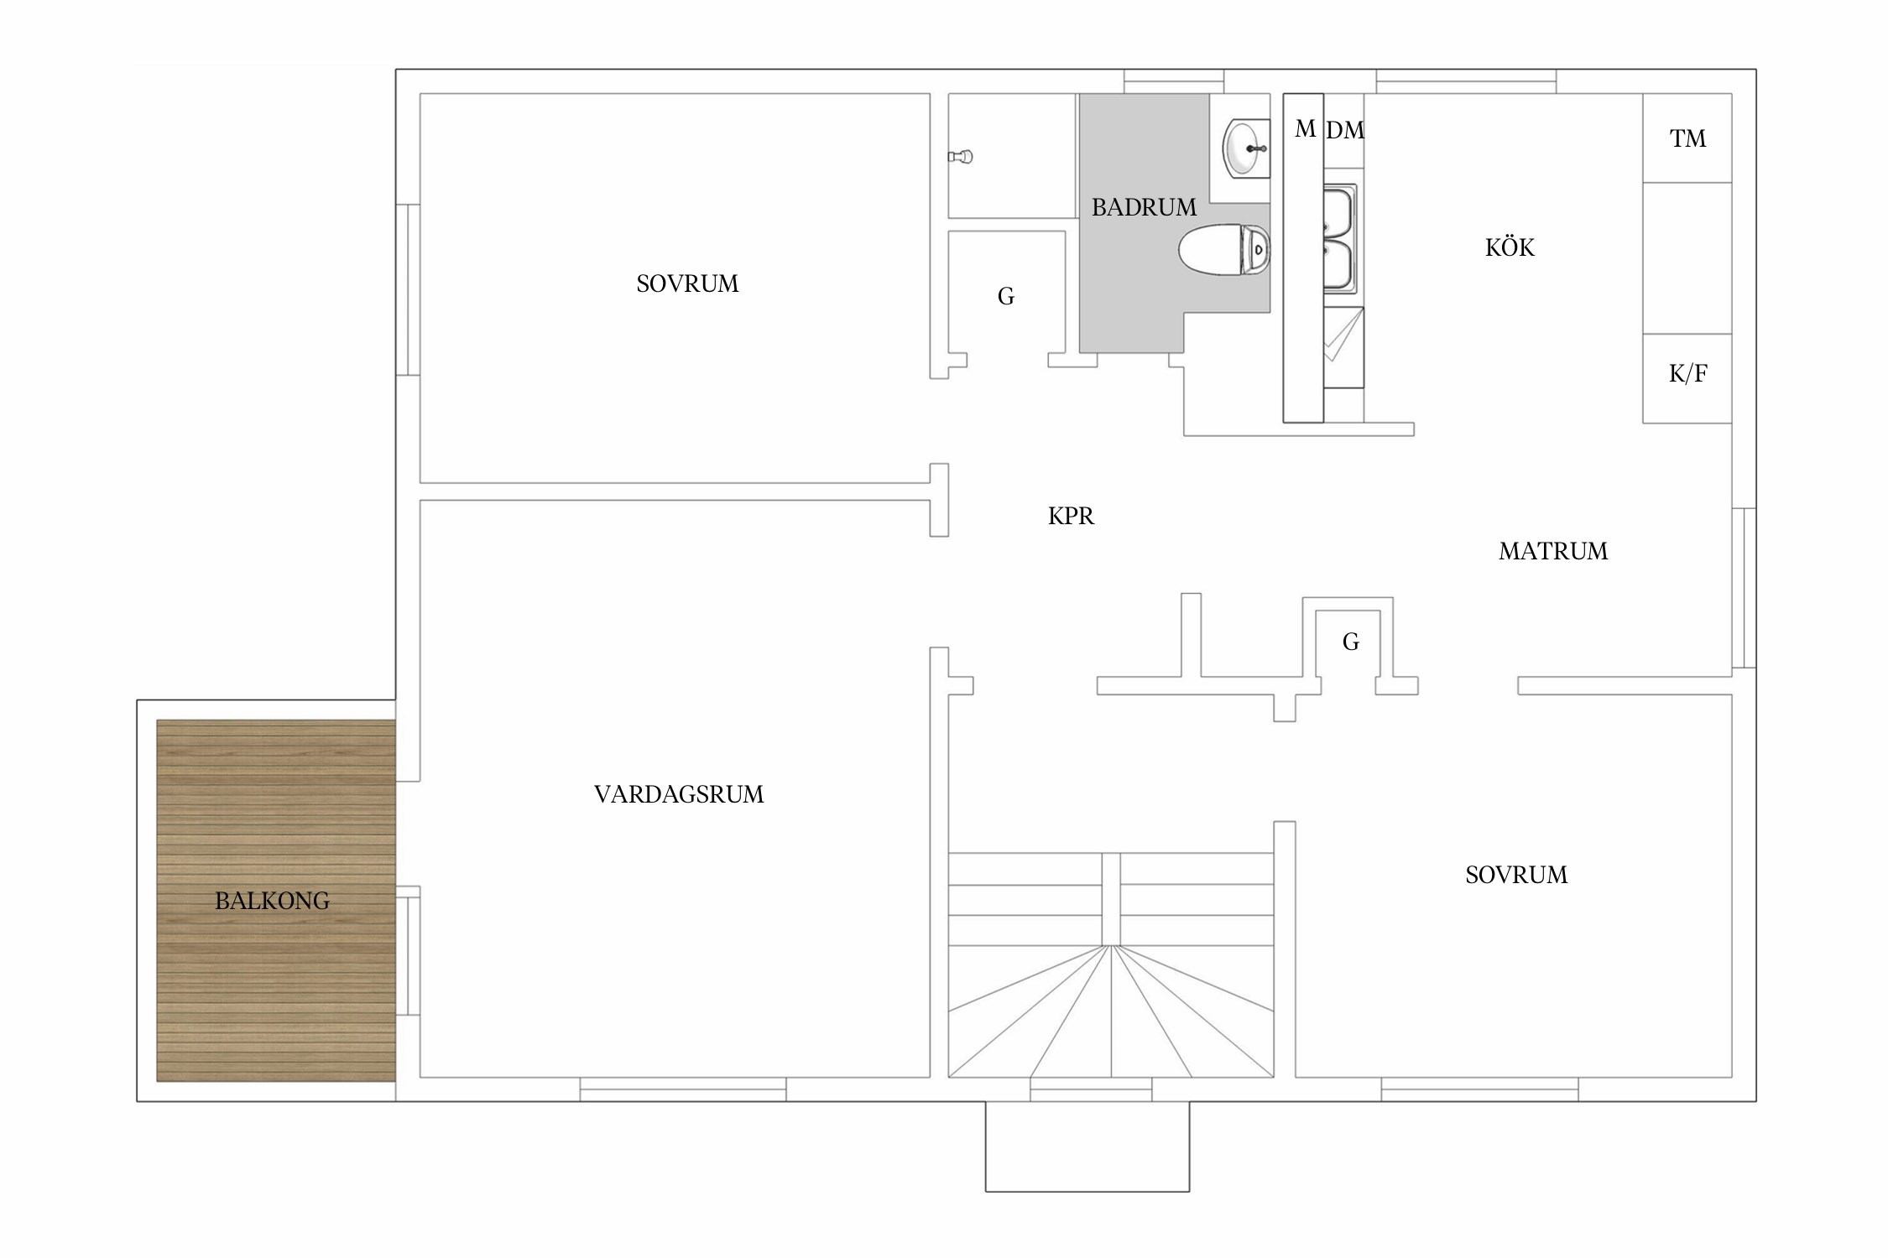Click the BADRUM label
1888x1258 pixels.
tap(1144, 207)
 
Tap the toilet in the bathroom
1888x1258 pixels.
tap(1224, 250)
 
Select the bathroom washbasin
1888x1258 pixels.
tap(1246, 148)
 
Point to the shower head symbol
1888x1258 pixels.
tap(960, 156)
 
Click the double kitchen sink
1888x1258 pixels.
tap(1339, 239)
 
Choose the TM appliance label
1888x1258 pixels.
tap(1687, 138)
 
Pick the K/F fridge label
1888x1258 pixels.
tap(1687, 373)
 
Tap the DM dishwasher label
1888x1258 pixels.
tap(1345, 130)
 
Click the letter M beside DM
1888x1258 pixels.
tap(1305, 128)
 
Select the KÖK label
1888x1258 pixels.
tap(1510, 247)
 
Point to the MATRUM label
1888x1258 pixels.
tap(1553, 551)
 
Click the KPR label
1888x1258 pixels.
tap(1071, 516)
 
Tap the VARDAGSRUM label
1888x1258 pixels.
tap(679, 794)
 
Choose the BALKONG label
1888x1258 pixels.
tap(272, 901)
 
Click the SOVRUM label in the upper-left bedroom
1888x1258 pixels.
tap(687, 283)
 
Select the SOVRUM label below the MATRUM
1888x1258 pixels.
tap(1516, 875)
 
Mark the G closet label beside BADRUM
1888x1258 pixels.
tap(1006, 296)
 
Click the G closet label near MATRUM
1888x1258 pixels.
tap(1351, 642)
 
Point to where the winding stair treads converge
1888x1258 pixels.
tap(1111, 946)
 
